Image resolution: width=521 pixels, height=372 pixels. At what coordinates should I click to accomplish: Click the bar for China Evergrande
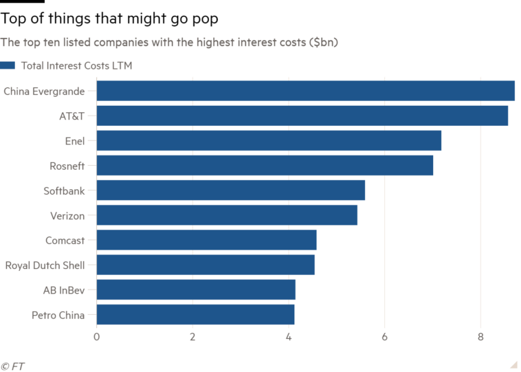pos(306,91)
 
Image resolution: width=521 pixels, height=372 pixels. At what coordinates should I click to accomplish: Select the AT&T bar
pos(302,116)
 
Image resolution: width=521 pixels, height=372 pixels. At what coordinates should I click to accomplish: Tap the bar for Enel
pos(269,141)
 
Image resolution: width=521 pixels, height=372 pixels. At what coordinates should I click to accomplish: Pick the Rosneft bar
pos(265,166)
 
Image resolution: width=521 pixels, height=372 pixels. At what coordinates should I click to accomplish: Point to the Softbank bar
pos(231,190)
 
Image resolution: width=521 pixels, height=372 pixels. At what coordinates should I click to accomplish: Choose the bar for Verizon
pos(227,215)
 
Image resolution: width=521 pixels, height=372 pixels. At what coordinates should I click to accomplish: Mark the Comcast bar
pos(206,240)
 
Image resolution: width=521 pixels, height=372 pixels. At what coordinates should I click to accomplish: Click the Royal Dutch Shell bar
pos(206,265)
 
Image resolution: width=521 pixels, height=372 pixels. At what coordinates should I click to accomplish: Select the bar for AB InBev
pos(196,289)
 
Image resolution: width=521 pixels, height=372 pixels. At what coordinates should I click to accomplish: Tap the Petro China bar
pos(196,314)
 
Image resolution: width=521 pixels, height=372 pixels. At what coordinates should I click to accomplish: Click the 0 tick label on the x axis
pos(97,337)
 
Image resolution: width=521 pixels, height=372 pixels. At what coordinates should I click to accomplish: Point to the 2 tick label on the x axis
pos(192,337)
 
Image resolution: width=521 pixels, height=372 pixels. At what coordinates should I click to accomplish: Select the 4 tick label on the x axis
pos(289,337)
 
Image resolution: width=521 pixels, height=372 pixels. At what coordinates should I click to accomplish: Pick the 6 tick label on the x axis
pos(385,337)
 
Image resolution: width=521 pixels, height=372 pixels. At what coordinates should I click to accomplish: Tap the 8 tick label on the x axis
pos(480,337)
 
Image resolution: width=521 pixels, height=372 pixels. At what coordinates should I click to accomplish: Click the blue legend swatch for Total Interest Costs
pos(8,66)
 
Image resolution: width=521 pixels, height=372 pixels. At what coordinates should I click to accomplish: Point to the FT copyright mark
pos(12,366)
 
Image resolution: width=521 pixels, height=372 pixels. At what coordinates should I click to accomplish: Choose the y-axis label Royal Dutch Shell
pos(45,265)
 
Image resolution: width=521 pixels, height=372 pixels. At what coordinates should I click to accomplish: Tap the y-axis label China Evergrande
pos(44,91)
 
